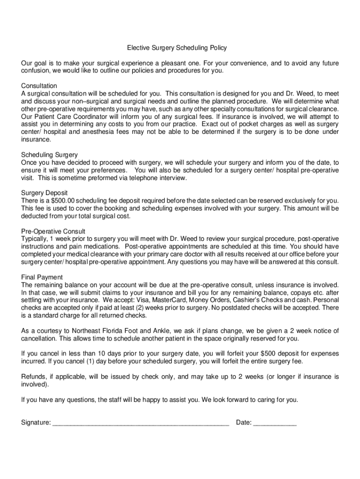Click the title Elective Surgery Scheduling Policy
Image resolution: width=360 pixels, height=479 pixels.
tap(177, 48)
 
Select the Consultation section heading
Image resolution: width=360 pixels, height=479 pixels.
tap(39, 86)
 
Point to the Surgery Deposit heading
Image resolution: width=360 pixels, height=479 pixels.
tap(44, 193)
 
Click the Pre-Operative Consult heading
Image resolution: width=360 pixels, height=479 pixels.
tap(53, 231)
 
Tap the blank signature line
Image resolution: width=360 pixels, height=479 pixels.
tap(141, 423)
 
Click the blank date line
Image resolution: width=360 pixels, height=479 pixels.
tap(275, 423)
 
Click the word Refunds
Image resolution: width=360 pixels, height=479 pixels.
tap(34, 377)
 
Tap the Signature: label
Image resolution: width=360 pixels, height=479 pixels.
tap(36, 423)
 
